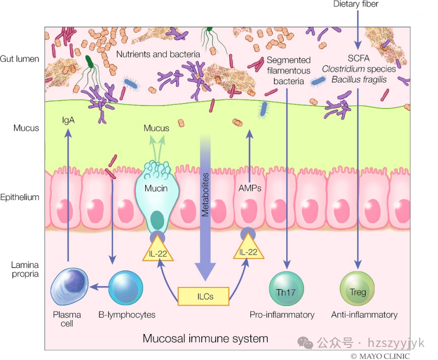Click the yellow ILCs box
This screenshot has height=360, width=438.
(x=203, y=296)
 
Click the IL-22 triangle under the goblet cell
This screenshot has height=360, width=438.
(x=158, y=250)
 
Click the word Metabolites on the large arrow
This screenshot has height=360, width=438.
(x=205, y=194)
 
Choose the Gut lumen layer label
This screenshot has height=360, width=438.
(x=20, y=59)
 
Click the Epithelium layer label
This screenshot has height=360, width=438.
(x=20, y=197)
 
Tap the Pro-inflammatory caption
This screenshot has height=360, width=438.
(x=282, y=314)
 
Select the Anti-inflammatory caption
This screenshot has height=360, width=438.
(x=364, y=314)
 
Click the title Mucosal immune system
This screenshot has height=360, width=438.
(x=205, y=338)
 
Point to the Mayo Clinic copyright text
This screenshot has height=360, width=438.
(x=380, y=356)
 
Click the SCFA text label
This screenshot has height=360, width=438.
(x=358, y=58)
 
